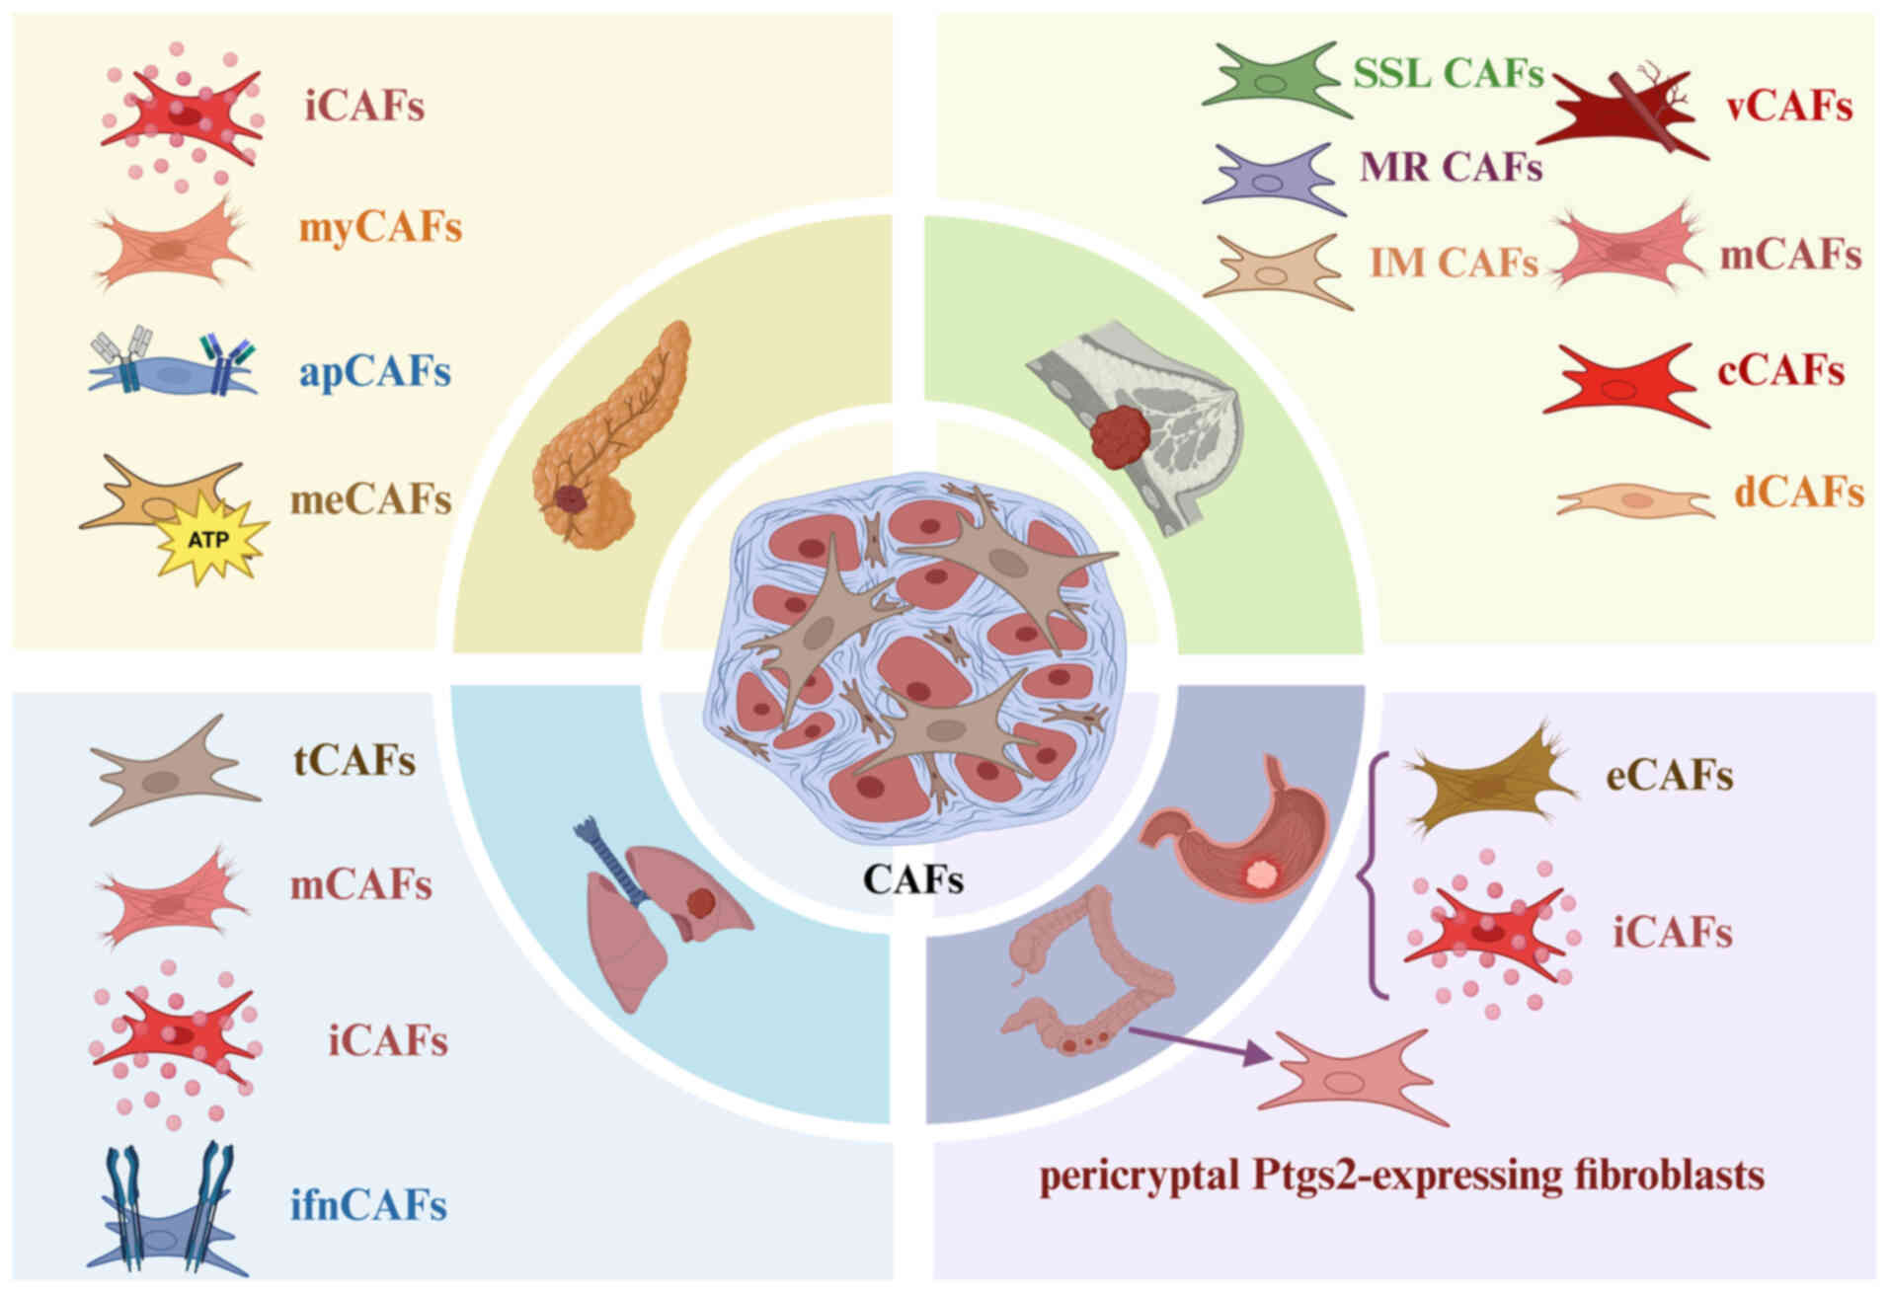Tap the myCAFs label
point(380,229)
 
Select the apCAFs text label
point(375,372)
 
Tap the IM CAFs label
point(1454,264)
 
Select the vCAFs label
point(1788,108)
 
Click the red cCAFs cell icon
point(1624,384)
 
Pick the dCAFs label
point(1798,493)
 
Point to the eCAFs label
point(1669,777)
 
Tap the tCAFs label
point(354,761)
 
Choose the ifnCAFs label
point(368,1205)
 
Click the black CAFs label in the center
point(912,879)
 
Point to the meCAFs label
point(370,500)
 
